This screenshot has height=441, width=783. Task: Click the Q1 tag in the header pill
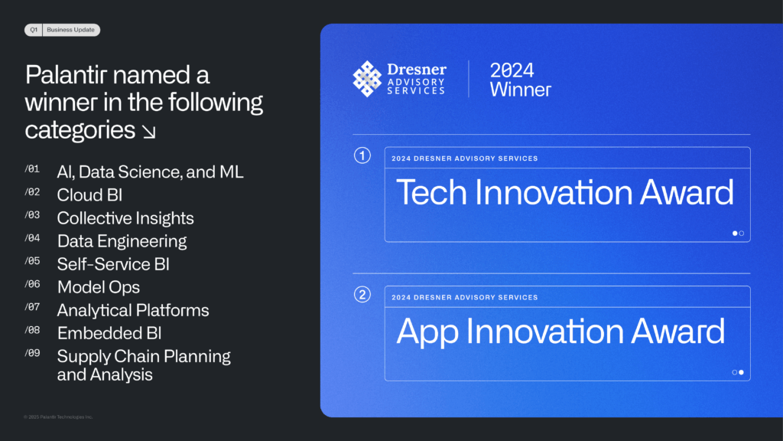(34, 30)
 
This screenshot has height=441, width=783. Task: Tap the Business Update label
(70, 30)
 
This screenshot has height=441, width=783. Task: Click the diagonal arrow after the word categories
(149, 132)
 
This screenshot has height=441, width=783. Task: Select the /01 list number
(32, 169)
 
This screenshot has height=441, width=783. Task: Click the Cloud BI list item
(90, 195)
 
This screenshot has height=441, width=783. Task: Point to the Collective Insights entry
(125, 218)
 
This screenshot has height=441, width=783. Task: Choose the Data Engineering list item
(122, 241)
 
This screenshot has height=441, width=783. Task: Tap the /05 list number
(32, 261)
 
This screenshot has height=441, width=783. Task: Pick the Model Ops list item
(99, 288)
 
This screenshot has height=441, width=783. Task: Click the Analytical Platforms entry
(133, 311)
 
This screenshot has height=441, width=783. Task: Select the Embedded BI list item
(109, 334)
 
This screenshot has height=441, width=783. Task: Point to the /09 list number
(32, 353)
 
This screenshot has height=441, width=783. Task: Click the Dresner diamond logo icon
(367, 79)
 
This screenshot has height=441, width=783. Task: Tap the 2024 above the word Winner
(512, 70)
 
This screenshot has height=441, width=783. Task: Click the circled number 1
(362, 155)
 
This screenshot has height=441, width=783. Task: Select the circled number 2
(362, 295)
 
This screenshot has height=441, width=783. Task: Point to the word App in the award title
(427, 332)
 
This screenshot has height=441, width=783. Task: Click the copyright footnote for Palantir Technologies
(58, 417)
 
